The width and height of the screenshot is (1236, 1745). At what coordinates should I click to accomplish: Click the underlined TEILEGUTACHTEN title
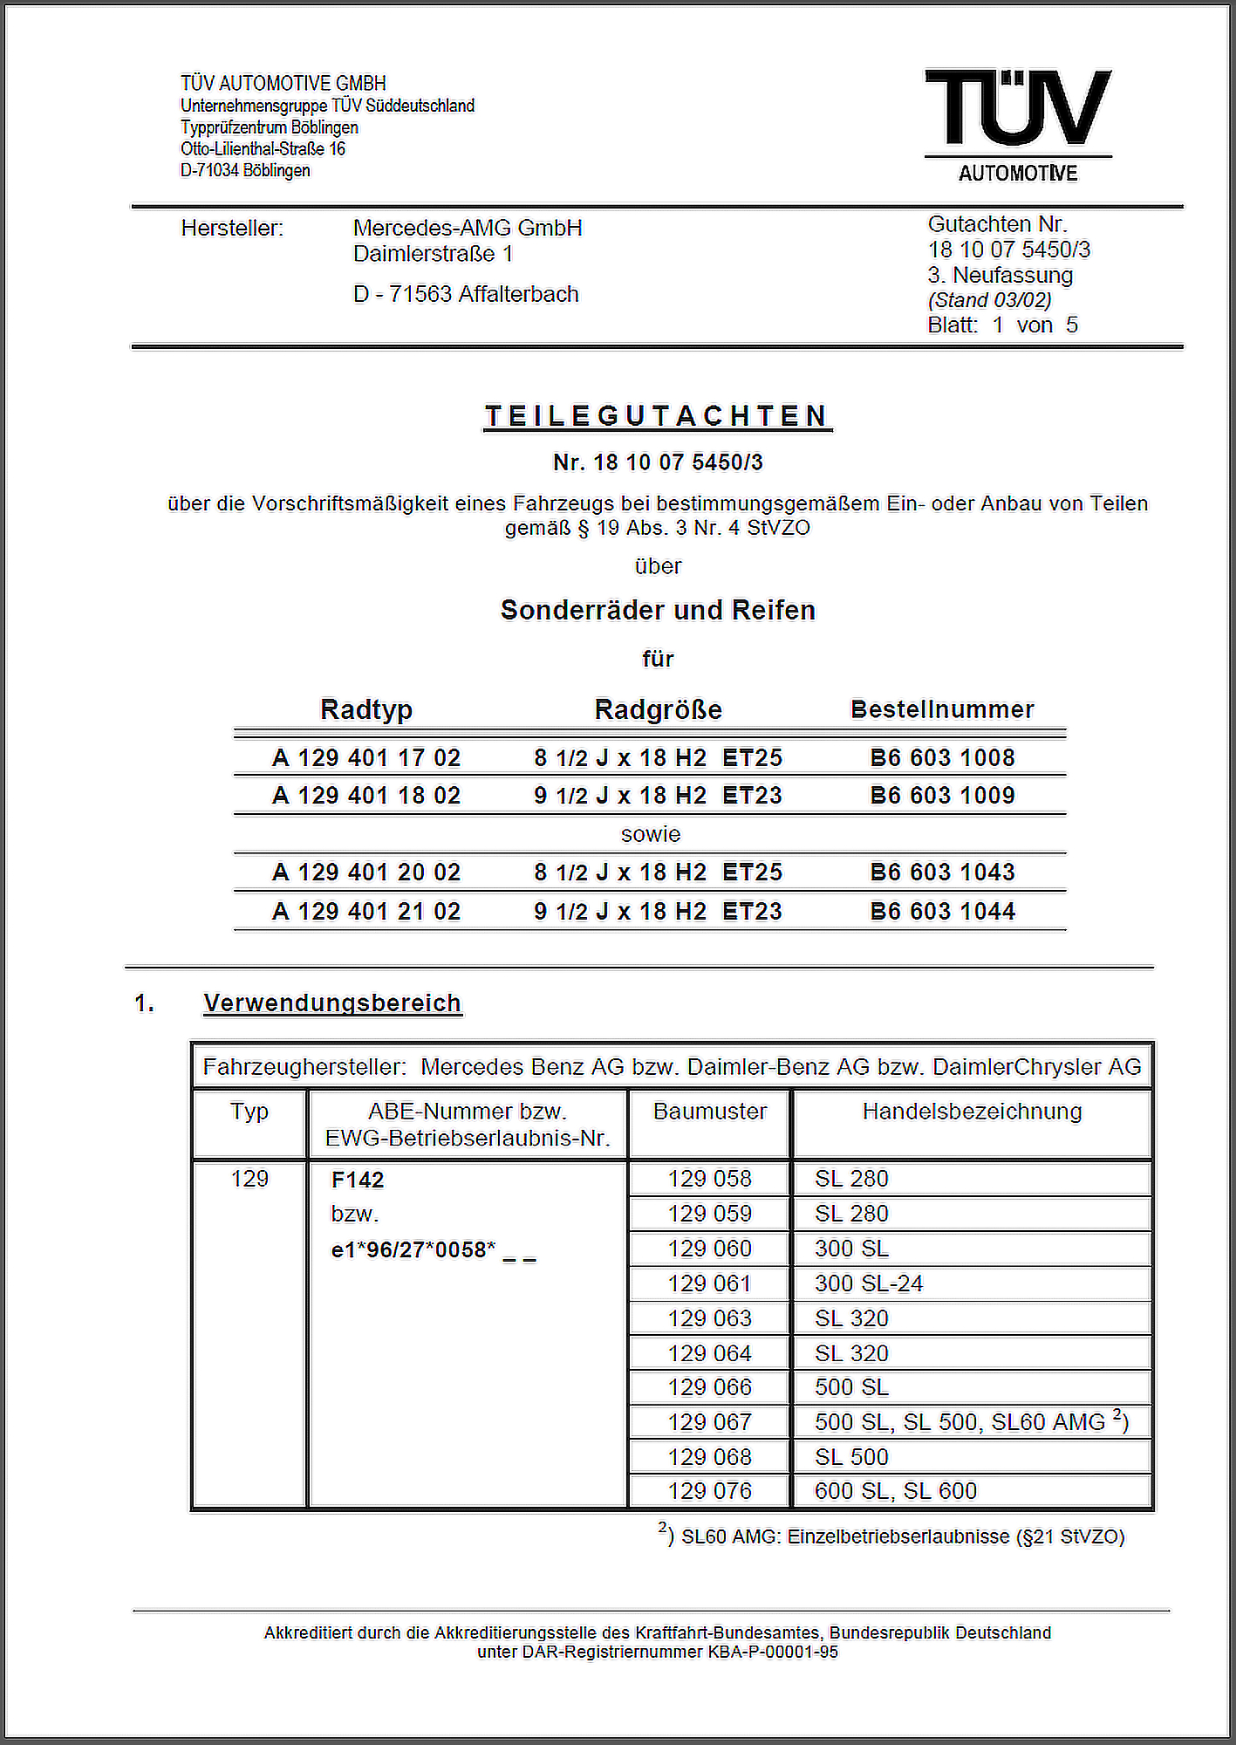[658, 416]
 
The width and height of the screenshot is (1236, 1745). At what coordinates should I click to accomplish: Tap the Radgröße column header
[658, 709]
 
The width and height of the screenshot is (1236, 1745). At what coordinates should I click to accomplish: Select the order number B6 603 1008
[942, 757]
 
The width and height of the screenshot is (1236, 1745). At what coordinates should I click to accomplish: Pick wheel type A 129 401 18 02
[366, 796]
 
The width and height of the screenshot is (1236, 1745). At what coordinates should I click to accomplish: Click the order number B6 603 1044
[942, 911]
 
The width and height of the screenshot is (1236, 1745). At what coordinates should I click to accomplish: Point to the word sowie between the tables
[651, 834]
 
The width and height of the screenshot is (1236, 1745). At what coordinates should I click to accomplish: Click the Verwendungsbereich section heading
[332, 1003]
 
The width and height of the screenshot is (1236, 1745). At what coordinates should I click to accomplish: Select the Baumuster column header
[710, 1112]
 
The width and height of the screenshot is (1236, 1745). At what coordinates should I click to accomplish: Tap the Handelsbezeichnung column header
[972, 1112]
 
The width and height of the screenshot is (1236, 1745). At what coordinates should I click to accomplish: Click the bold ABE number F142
[358, 1180]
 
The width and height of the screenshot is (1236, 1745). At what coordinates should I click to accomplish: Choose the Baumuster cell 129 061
[710, 1283]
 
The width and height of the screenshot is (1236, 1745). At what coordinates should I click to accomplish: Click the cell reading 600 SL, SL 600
[896, 1491]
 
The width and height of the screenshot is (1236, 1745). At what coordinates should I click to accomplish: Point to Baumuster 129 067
[710, 1422]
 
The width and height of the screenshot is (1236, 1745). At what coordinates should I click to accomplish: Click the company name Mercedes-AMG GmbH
[468, 228]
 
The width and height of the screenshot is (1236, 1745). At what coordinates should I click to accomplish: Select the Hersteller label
[232, 229]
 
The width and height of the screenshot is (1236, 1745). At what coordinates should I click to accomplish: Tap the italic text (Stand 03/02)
[989, 300]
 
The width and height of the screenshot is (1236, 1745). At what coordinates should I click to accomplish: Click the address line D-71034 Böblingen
[245, 170]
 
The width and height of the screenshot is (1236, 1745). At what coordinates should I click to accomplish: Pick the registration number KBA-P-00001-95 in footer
[773, 1652]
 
